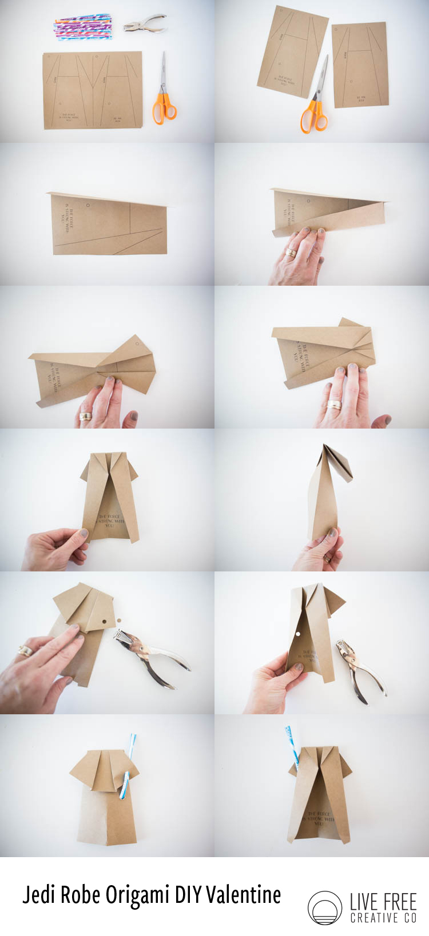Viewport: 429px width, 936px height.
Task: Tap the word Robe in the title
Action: pos(80,895)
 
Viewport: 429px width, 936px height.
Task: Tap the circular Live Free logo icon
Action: pos(324,907)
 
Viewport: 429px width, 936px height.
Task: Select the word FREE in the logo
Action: pos(400,902)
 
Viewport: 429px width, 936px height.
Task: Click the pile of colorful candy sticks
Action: pos(83,28)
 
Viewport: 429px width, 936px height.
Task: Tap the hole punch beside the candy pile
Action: pos(144,23)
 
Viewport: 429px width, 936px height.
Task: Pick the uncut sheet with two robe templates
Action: pos(93,90)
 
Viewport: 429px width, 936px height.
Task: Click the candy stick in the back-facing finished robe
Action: pos(292,745)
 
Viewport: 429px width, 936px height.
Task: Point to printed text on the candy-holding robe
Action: pos(318,819)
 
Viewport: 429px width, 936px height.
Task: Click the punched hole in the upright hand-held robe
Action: pos(298,634)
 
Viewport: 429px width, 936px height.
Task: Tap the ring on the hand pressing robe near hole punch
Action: pos(26,650)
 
